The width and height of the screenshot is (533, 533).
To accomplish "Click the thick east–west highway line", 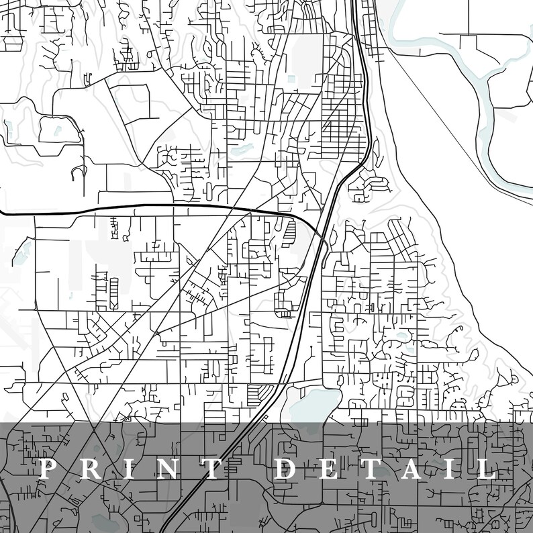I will coord(134,209).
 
